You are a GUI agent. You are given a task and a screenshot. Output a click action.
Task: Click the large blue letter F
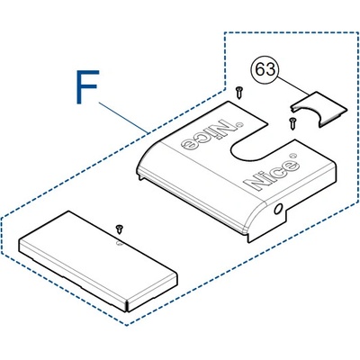[x=87, y=87]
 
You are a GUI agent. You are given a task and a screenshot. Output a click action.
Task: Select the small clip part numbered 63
[x=319, y=110]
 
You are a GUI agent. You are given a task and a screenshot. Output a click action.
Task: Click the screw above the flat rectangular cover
[x=120, y=229]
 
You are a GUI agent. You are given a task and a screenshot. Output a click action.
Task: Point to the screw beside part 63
[x=292, y=123]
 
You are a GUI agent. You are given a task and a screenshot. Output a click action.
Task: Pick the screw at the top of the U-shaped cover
[x=239, y=93]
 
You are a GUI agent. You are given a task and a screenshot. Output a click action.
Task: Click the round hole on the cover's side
[x=278, y=209]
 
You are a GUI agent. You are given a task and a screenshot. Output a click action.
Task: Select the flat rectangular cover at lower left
[x=98, y=261]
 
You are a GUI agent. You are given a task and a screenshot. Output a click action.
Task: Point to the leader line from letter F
[x=123, y=118]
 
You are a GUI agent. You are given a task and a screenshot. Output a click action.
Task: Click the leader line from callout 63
[x=293, y=86]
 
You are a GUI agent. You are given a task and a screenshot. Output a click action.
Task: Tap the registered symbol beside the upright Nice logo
[x=293, y=156]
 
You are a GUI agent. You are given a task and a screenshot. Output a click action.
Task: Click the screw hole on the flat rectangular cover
[x=119, y=243]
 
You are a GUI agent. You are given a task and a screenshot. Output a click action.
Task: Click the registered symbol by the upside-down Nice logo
[x=239, y=124]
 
